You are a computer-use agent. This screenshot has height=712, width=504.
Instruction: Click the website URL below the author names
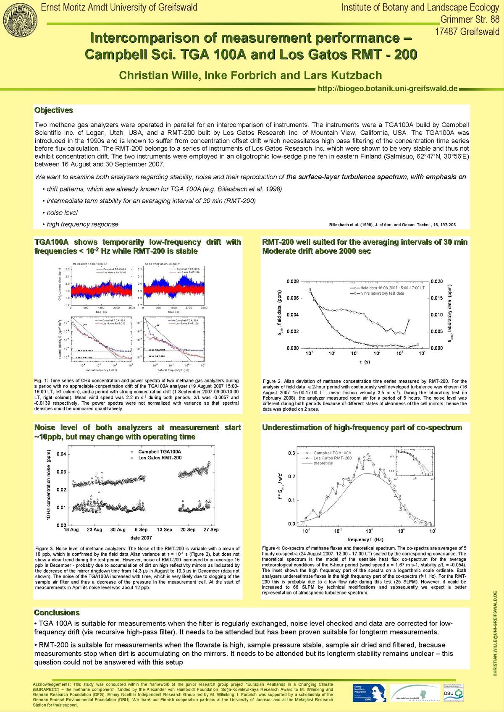(387, 89)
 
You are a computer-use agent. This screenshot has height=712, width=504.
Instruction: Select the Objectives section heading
(53, 110)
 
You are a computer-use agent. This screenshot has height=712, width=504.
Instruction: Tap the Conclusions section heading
(56, 613)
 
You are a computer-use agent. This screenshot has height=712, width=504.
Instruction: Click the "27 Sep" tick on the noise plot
(211, 530)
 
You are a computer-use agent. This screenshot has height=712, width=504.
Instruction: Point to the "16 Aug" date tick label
(71, 530)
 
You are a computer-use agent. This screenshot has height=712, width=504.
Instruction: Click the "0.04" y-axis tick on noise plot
(61, 454)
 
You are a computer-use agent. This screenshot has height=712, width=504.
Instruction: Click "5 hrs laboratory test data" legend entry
(382, 293)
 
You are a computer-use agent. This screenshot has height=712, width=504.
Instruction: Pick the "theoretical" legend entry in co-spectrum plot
(323, 463)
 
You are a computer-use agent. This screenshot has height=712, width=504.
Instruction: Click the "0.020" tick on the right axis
(437, 281)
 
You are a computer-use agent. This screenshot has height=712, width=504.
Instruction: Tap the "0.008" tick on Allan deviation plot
(293, 281)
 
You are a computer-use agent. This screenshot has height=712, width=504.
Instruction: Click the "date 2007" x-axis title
(141, 538)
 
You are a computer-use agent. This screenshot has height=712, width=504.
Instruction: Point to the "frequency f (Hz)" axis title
(365, 539)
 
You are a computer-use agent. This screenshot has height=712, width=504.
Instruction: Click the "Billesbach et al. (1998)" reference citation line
(392, 225)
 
